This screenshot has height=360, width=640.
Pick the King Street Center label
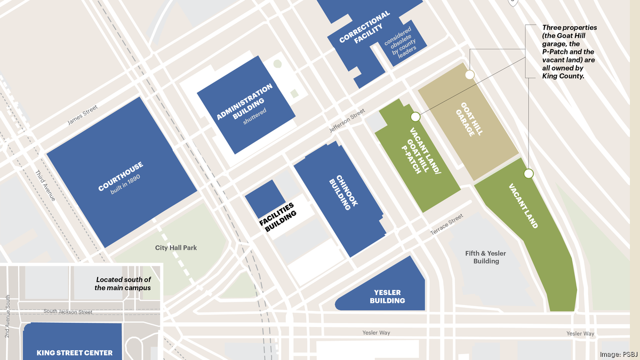(75, 353)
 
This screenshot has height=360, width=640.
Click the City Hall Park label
(176, 248)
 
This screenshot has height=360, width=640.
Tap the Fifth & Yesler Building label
(485, 257)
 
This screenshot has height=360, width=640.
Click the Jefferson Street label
(347, 121)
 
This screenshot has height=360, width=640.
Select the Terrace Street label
(447, 226)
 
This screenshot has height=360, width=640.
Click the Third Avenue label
(45, 186)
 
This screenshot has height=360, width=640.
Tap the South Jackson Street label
(68, 312)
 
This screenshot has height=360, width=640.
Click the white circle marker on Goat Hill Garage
(469, 75)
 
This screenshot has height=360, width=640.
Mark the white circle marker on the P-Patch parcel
(415, 116)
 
